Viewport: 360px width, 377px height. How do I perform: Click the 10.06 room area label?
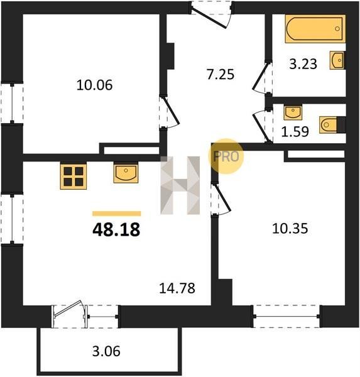tap(94, 85)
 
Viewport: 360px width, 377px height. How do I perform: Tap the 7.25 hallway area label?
tap(221, 74)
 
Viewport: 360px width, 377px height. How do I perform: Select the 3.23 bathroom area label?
tap(303, 64)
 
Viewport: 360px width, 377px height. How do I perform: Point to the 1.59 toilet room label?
tap(295, 131)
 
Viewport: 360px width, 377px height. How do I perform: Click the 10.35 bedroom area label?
tap(290, 229)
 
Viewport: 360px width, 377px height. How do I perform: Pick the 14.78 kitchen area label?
tap(177, 288)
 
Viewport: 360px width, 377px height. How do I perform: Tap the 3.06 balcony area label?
tap(106, 351)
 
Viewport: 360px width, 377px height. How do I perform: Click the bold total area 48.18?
tap(116, 229)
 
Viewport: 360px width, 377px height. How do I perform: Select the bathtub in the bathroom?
tap(315, 29)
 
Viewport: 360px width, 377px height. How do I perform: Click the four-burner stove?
tap(74, 176)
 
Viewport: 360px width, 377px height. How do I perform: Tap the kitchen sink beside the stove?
tap(126, 173)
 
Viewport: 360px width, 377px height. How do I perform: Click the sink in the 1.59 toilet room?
tap(293, 112)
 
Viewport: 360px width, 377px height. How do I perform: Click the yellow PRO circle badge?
tap(226, 156)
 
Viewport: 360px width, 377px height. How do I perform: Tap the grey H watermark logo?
tap(180, 185)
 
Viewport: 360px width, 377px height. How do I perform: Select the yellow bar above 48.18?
tap(117, 214)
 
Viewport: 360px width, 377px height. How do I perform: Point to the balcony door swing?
tap(68, 310)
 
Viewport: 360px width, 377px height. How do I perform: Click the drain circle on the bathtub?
tap(337, 29)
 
